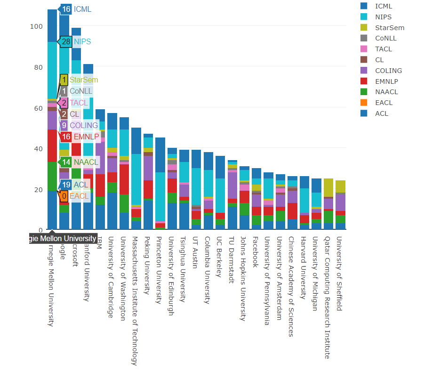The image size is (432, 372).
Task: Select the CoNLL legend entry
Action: [385, 38]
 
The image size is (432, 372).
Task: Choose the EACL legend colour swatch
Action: [364, 103]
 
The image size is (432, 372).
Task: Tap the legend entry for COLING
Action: [388, 71]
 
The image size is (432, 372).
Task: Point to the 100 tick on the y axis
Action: [36, 26]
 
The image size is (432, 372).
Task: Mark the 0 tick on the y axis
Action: [40, 230]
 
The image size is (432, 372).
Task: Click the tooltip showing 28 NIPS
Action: [75, 42]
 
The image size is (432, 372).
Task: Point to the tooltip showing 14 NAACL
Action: [80, 162]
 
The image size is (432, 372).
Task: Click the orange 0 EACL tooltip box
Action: [64, 195]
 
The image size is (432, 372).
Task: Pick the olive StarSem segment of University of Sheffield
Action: [340, 186]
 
